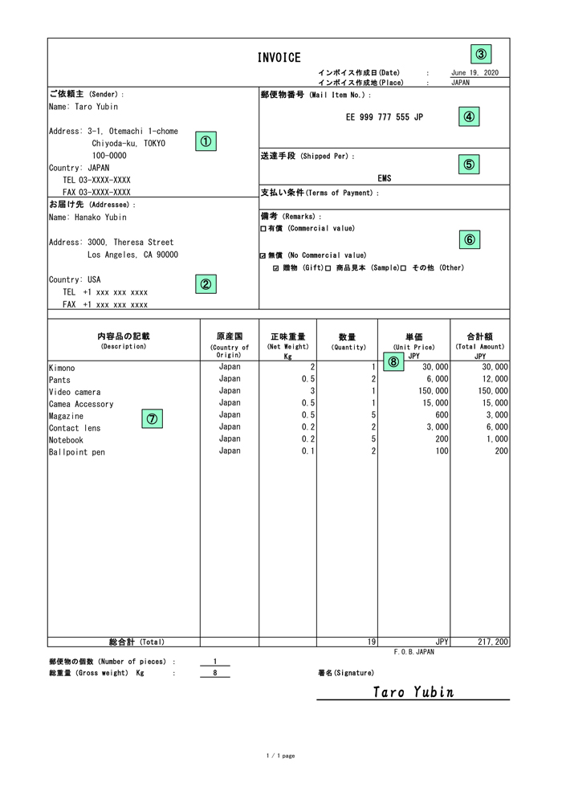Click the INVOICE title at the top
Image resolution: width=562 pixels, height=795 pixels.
279,58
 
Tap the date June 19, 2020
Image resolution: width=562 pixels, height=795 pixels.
474,73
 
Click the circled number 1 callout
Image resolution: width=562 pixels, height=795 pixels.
206,141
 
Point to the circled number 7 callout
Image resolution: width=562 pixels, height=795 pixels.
152,418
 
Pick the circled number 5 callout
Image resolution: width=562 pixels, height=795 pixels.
470,164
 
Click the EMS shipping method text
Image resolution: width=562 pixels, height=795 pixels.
385,179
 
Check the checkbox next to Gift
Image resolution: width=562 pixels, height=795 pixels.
277,268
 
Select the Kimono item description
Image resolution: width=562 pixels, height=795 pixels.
62,368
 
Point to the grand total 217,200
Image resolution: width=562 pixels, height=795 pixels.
491,642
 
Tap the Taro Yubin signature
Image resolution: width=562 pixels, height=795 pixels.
414,691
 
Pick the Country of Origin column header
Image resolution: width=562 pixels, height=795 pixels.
229,345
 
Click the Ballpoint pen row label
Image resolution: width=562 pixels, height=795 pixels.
76,452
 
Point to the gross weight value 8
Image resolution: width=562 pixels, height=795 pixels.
215,673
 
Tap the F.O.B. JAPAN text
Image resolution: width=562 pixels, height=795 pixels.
413,653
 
